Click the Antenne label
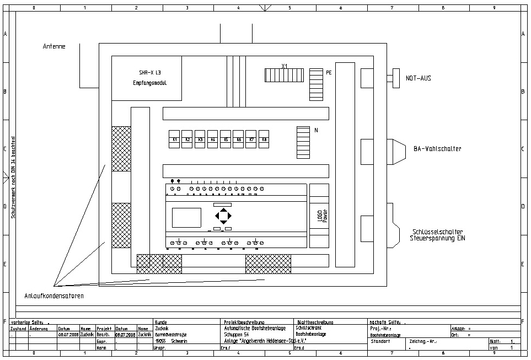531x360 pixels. point(54,46)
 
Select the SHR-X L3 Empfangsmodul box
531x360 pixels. point(147,78)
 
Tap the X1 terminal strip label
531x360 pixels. point(285,66)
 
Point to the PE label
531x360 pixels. point(329,72)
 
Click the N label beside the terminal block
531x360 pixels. point(316,131)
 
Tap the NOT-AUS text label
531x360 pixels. point(418,78)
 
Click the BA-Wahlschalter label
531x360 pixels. point(437,149)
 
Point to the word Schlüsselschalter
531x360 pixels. point(437,232)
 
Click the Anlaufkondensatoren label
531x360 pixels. point(54,296)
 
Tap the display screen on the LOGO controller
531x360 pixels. point(186,218)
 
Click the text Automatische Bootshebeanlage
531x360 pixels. point(255,328)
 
